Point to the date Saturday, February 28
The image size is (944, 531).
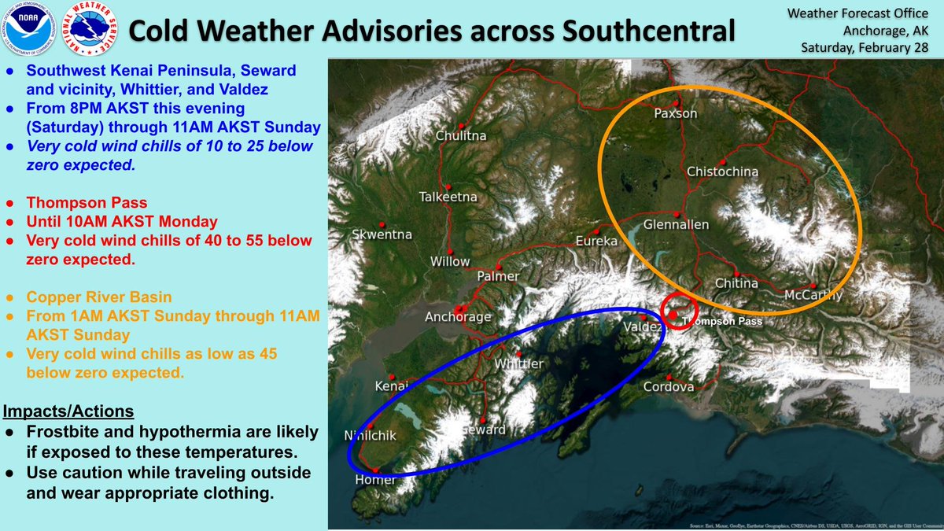tap(867, 48)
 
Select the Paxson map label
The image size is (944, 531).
tap(677, 114)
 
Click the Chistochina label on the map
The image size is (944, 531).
tap(722, 171)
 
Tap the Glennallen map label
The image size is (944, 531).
tap(676, 224)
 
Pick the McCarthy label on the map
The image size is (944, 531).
tap(813, 295)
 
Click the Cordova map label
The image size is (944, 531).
tap(668, 387)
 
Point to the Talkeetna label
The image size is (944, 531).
tap(449, 197)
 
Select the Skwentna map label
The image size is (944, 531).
tap(382, 234)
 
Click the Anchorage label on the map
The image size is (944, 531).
tap(458, 317)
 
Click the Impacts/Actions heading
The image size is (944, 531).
tap(68, 411)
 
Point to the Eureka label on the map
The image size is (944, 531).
tap(596, 241)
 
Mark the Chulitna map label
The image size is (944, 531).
tap(461, 136)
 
